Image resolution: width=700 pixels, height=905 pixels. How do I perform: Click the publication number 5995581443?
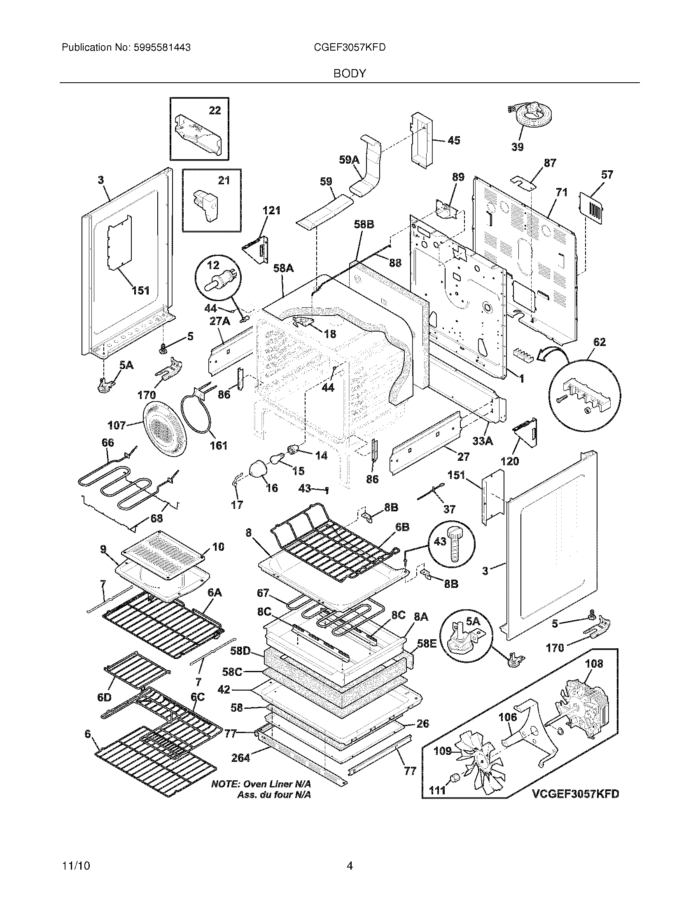coord(162,48)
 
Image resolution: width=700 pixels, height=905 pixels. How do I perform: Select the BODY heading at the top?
coord(350,74)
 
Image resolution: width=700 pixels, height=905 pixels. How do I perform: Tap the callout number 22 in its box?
coord(215,110)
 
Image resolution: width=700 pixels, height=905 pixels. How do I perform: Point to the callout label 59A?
coord(349,160)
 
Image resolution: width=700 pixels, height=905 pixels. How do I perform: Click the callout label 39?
coord(517,147)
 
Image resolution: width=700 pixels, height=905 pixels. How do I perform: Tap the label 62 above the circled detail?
coord(599,342)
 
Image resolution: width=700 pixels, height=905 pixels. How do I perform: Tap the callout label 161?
coord(219,446)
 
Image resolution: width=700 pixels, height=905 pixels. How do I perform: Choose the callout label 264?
coord(240,758)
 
